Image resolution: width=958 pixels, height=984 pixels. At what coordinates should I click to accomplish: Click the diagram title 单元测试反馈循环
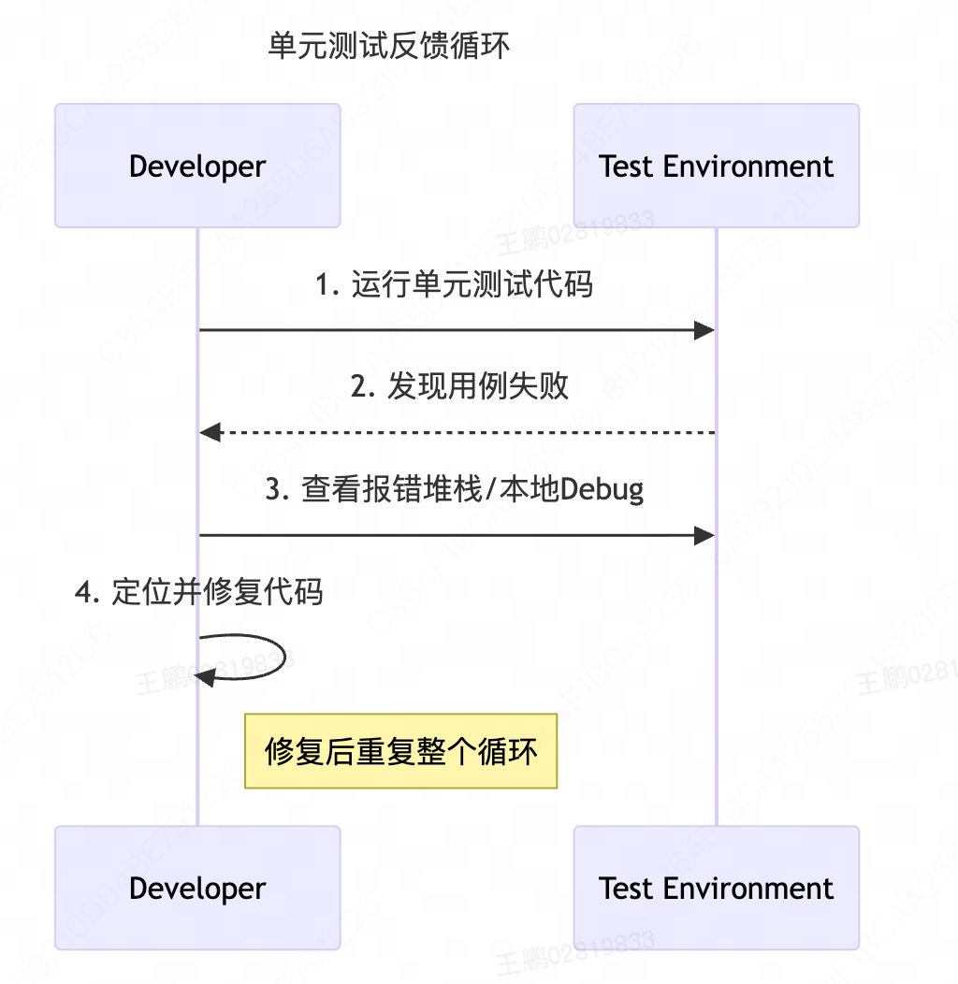[389, 46]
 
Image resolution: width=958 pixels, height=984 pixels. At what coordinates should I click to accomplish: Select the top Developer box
[197, 166]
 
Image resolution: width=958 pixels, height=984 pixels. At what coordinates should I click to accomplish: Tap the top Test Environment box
[716, 166]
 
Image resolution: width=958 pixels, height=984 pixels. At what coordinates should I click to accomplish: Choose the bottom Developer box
[197, 888]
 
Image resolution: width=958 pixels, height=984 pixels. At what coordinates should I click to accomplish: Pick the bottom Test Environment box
[716, 888]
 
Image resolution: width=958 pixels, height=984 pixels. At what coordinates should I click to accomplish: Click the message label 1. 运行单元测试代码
[455, 283]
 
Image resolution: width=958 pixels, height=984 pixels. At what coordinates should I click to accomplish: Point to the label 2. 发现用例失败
[459, 385]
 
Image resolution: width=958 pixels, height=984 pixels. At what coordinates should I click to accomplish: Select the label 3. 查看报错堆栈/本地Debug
[455, 489]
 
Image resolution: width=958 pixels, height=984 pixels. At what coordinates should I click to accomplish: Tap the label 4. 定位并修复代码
[198, 592]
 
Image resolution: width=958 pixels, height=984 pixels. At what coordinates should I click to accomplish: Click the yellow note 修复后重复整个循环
[400, 751]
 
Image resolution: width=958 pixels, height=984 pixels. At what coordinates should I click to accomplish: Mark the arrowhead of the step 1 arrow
[705, 330]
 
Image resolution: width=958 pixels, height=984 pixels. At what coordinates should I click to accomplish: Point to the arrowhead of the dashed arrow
[210, 432]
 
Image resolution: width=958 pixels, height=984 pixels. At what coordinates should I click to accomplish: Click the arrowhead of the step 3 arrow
[705, 535]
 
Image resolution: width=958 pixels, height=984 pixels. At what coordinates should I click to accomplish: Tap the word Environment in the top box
[748, 166]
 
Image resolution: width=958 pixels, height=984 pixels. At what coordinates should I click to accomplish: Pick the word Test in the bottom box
[626, 888]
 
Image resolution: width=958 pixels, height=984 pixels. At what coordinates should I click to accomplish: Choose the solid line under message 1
[449, 330]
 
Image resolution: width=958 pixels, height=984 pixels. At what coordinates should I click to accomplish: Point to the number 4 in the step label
[83, 592]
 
